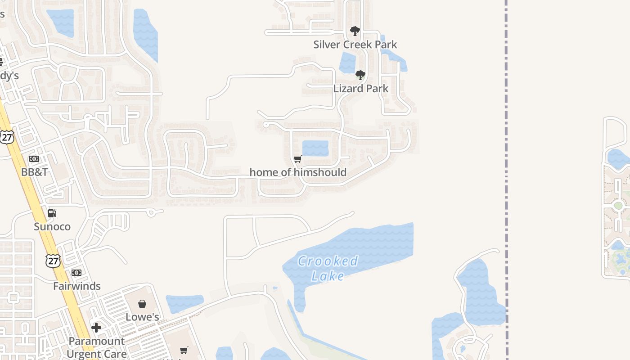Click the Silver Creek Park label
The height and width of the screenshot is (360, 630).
pos(355,45)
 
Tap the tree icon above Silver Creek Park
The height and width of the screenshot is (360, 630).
pos(355,31)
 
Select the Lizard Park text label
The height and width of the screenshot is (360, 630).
pos(360,89)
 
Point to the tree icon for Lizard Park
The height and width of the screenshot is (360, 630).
pos(360,75)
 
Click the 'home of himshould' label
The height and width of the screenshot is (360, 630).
pos(298,172)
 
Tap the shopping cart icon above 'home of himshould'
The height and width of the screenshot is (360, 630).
pos(297,159)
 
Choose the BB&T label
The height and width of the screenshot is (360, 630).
pos(35,172)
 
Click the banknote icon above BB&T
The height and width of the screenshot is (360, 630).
pos(34,159)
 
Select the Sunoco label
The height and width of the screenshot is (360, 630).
pos(52,226)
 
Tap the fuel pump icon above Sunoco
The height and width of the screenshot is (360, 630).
pos(52,213)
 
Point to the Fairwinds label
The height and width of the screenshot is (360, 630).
pos(77,286)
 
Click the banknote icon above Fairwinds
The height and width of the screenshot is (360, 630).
pos(76,273)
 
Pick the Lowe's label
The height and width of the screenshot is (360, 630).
pos(142,317)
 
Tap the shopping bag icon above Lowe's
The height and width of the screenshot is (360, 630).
pos(142,304)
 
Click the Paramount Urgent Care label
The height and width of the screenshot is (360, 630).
pos(96,347)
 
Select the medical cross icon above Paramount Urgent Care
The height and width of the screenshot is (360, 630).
pos(96,328)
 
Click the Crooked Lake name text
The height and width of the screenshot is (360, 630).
pos(328,268)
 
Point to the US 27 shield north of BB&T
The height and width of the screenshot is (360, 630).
pos(7,137)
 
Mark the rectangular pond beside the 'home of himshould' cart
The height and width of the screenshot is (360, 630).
pos(315,148)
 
